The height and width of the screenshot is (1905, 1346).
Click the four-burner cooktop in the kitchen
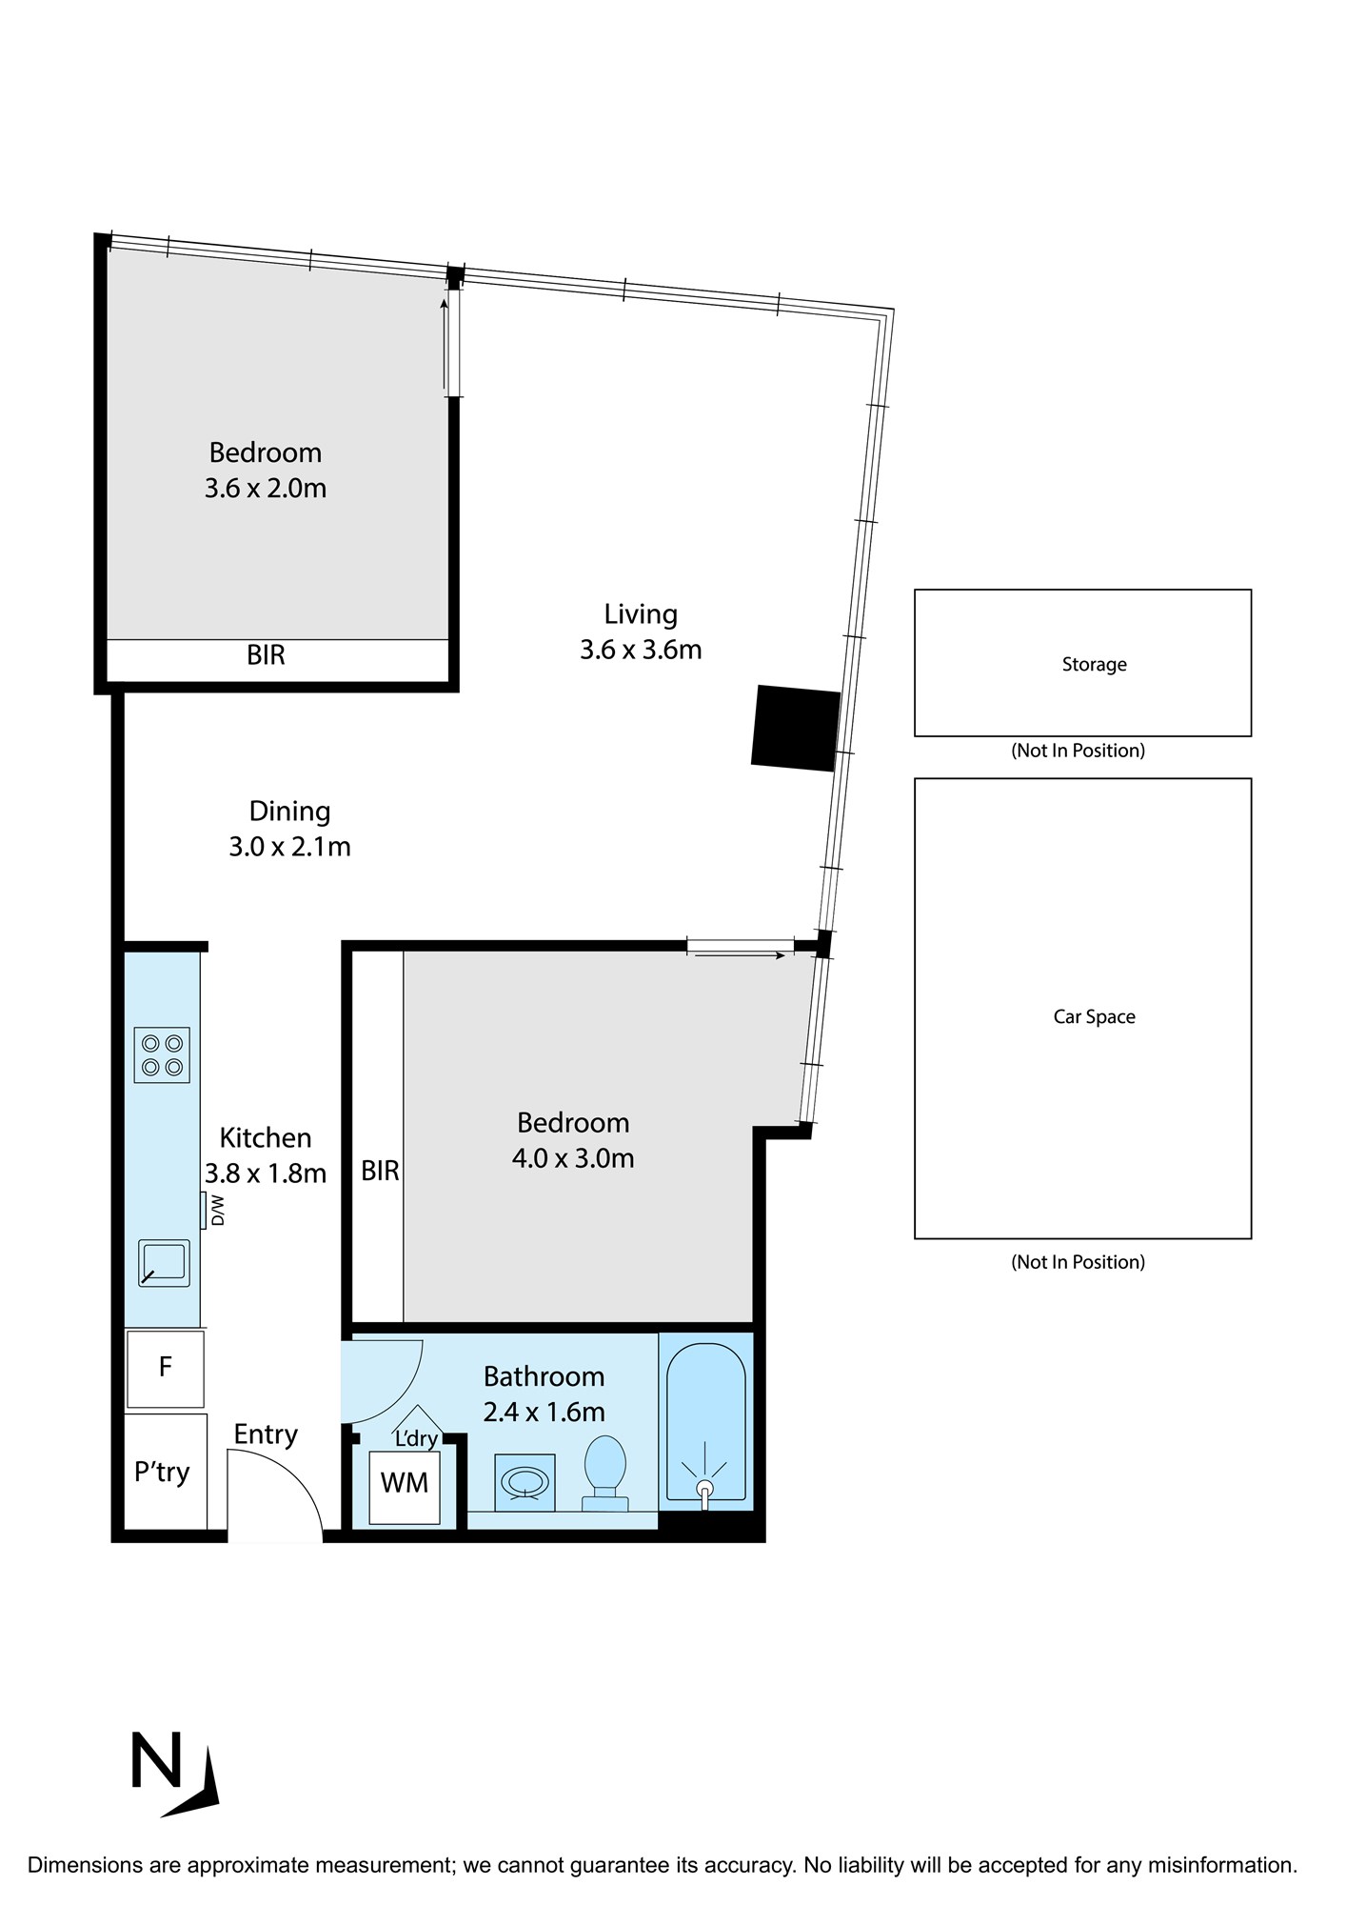point(162,1054)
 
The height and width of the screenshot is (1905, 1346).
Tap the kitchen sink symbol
point(164,1264)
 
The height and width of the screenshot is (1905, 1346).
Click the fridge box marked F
point(165,1369)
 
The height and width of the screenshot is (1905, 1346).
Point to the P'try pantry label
point(162,1472)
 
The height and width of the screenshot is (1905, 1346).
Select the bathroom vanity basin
point(526,1482)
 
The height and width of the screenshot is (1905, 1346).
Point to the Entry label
point(266,1434)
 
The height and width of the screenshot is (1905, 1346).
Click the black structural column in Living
point(796,728)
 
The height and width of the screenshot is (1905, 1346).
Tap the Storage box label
point(1094,665)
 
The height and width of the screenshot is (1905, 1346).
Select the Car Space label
point(1094,1016)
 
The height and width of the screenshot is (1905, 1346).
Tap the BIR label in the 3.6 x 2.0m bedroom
point(266,655)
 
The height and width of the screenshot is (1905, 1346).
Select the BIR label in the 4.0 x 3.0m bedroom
point(380,1171)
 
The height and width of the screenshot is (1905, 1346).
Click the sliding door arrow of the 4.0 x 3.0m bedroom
point(741,955)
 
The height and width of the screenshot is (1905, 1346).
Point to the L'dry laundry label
point(416,1438)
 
